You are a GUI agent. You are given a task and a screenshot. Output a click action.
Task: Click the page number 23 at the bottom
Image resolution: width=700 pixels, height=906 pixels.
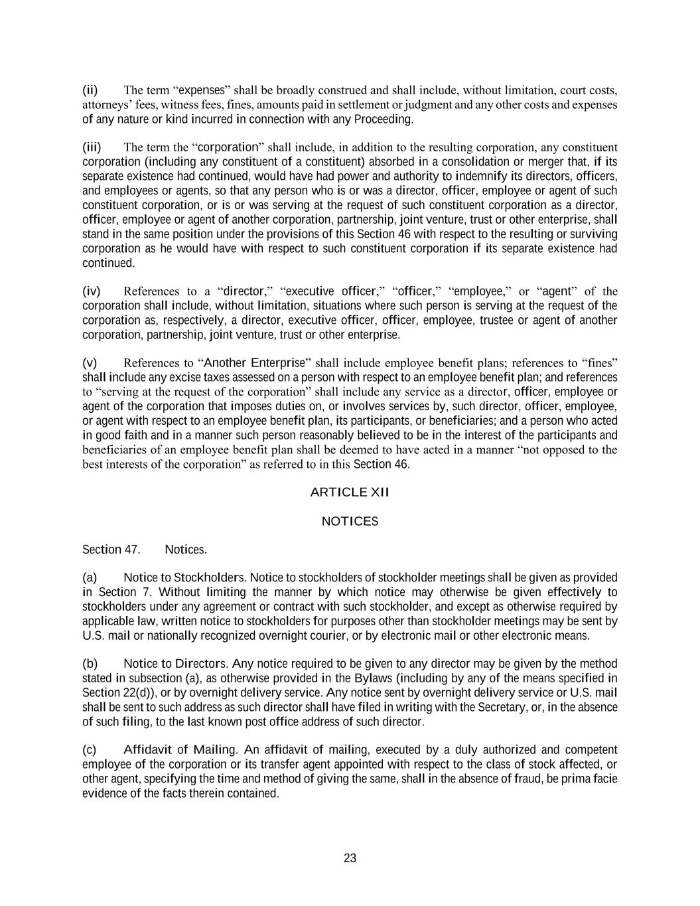pos(350,858)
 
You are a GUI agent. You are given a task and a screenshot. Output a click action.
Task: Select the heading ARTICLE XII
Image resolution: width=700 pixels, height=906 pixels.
pos(350,492)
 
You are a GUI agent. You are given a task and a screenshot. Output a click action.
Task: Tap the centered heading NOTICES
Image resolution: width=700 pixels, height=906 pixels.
pos(350,522)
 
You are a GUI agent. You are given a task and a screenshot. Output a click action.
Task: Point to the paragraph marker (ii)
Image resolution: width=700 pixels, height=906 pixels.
pos(90,90)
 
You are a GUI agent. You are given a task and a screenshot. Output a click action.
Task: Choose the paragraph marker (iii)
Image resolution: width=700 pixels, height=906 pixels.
pos(92,147)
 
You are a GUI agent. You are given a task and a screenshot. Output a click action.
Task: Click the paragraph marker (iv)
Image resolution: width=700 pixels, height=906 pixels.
pos(91,291)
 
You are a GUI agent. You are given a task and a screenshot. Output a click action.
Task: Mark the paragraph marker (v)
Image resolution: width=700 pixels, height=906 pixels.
pos(90,363)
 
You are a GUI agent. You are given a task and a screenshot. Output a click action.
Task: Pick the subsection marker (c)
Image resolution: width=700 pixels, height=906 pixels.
pos(90,750)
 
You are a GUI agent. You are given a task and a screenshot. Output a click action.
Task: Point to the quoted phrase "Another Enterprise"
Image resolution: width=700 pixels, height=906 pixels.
pos(254,363)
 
